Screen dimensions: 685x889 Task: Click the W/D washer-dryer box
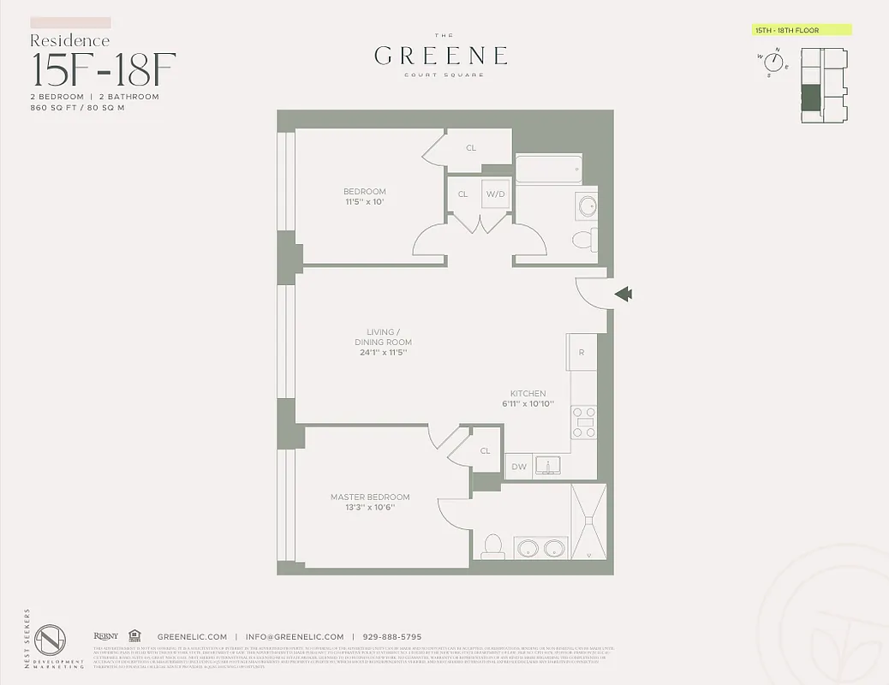[496, 194]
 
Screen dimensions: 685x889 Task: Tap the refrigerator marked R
[582, 352]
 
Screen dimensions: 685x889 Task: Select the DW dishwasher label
[519, 467]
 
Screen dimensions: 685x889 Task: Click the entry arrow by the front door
[624, 295]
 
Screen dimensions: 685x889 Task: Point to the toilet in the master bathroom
[492, 545]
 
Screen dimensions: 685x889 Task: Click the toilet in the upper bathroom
[583, 239]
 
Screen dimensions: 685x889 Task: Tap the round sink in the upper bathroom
[588, 206]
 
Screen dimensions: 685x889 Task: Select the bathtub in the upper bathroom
[548, 169]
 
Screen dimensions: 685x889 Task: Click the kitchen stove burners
[584, 422]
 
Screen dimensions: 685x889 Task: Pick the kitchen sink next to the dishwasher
[547, 465]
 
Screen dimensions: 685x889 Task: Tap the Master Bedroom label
[370, 497]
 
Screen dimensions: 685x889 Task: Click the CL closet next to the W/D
[462, 194]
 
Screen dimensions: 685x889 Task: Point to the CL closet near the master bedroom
[485, 451]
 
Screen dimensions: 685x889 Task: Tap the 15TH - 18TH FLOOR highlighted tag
[800, 30]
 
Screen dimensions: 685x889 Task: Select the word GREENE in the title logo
[441, 57]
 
